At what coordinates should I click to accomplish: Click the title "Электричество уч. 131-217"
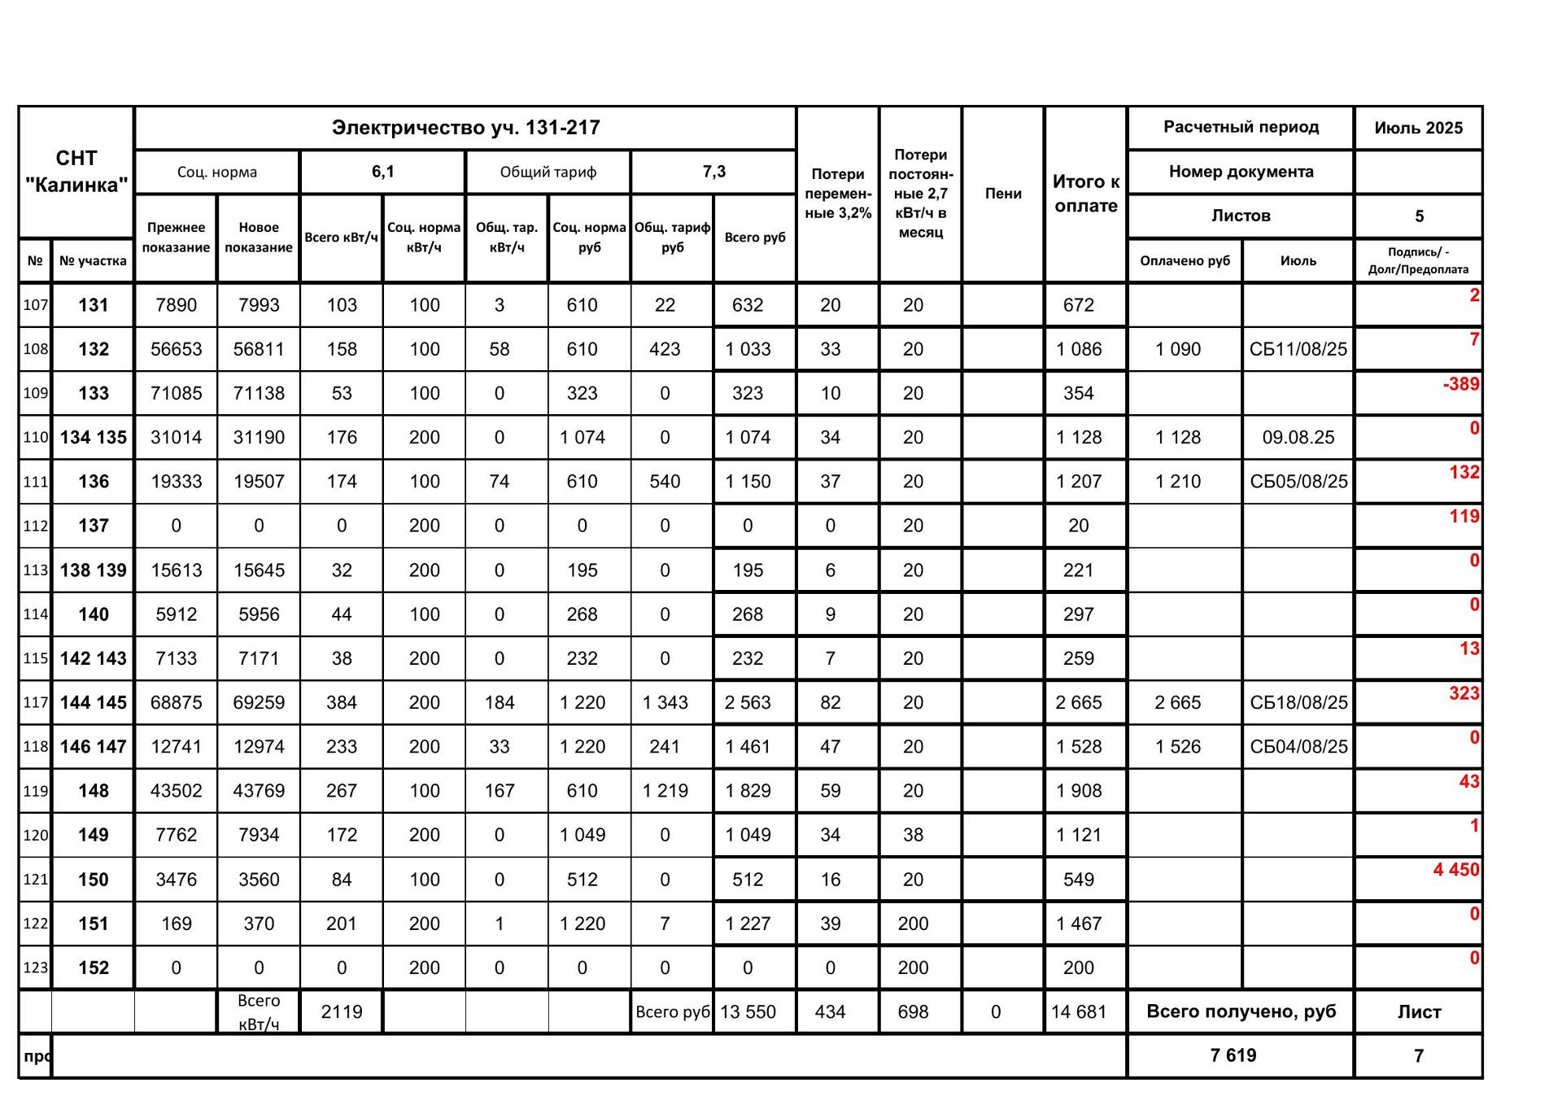pos(465,128)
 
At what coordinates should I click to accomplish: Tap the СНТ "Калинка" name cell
pos(76,172)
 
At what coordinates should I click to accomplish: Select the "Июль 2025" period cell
pos(1418,128)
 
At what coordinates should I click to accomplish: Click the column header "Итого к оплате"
pos(1085,194)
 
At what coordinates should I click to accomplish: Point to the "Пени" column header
pos(1002,194)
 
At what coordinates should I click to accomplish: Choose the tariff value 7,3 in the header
pos(713,172)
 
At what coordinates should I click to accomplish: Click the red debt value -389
pos(1460,384)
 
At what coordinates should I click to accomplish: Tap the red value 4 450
pos(1455,870)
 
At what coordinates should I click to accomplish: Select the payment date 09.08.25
pos(1298,438)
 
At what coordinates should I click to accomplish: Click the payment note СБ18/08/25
pos(1298,702)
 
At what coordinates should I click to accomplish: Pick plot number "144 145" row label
pos(93,702)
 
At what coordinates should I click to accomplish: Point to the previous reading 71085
pos(176,394)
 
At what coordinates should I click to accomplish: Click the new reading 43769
pos(259,791)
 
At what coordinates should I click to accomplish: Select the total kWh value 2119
pos(341,1012)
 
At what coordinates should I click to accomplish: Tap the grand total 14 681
pos(1078,1012)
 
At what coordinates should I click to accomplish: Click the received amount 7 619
pos(1233,1055)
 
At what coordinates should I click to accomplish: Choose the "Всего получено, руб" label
pos(1240,1011)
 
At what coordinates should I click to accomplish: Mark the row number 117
pos(35,702)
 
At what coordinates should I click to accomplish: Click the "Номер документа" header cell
pos(1241,172)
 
